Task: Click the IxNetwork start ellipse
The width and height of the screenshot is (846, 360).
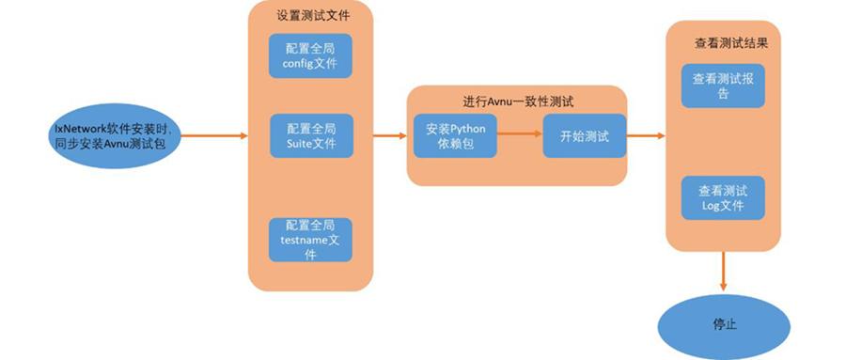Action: [x=110, y=135]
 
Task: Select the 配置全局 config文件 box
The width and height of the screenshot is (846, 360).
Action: [x=309, y=56]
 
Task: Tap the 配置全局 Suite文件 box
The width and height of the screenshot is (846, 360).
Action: [x=309, y=135]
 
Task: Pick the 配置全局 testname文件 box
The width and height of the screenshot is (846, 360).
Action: [x=309, y=240]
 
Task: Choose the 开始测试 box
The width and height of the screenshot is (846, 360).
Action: [x=584, y=136]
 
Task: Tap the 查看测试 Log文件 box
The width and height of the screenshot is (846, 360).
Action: [x=723, y=196]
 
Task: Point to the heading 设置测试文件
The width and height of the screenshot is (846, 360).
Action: [x=310, y=17]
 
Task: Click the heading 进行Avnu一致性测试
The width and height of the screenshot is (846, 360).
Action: [x=518, y=101]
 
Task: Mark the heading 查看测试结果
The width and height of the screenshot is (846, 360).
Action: [x=725, y=43]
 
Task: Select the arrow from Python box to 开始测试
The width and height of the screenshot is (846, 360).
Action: [x=520, y=136]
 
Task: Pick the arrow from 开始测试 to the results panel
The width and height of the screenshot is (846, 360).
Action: [x=645, y=136]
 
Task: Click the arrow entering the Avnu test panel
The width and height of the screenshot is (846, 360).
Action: [x=389, y=136]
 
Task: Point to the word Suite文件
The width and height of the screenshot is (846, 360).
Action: [x=309, y=144]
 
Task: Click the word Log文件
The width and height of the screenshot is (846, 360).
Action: [x=723, y=205]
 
